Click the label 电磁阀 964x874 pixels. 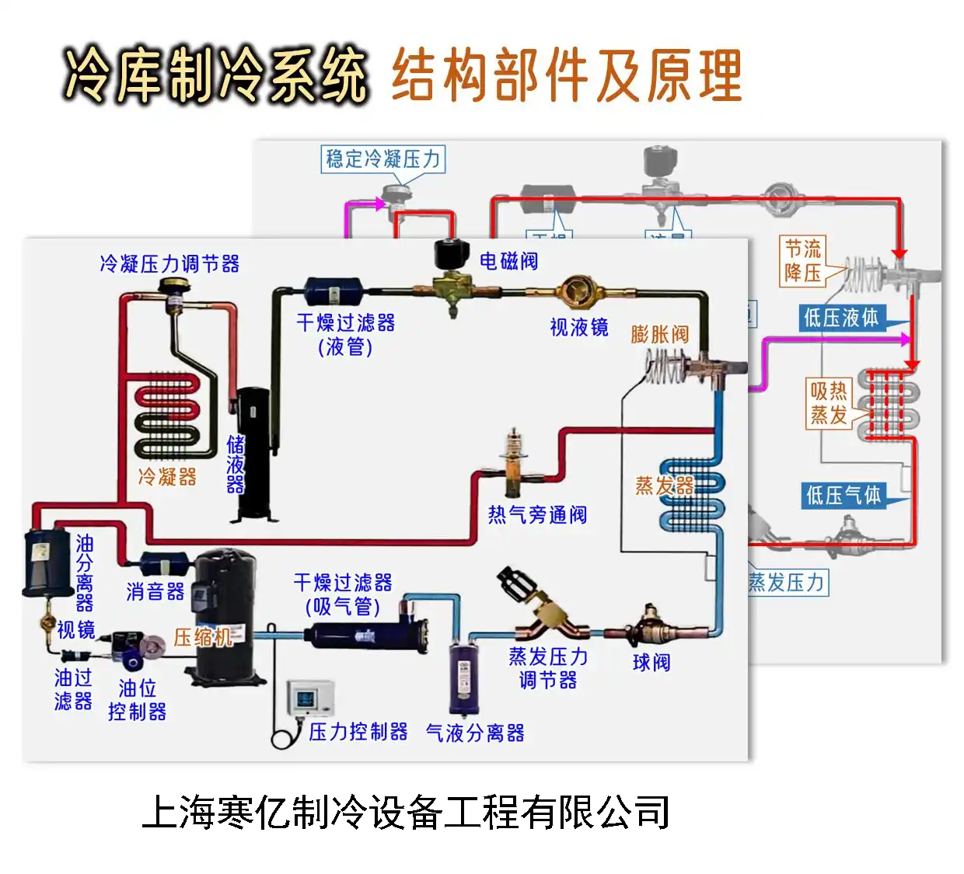pos(508,261)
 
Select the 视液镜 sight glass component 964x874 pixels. pos(578,291)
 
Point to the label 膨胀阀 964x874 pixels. pos(660,335)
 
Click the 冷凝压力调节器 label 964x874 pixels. pos(169,264)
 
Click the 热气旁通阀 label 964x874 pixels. pos(537,514)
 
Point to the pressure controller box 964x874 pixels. pos(310,698)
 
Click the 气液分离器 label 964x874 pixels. pos(475,733)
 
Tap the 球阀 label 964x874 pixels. pos(651,663)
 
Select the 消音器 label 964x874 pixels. pos(155,592)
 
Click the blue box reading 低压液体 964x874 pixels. pos(841,317)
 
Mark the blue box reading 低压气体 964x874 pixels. pos(843,495)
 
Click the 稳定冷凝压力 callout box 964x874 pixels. pos(382,159)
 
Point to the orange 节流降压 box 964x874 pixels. pos(802,261)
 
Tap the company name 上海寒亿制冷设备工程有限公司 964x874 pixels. pos(406,813)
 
